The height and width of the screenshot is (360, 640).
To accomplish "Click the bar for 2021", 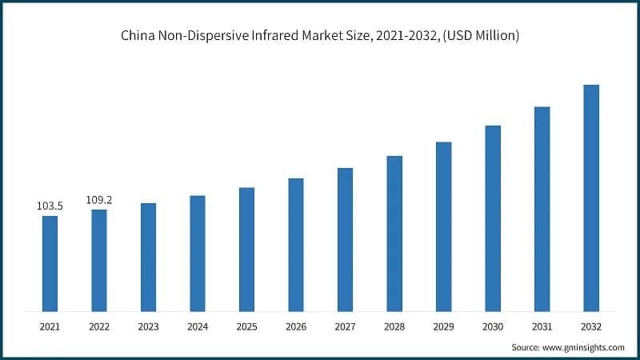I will coord(50,263).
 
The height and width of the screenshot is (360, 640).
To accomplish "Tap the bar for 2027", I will coord(345,239).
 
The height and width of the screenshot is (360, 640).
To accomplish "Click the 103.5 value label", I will coord(50,206).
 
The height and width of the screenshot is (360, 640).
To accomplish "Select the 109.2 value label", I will coord(99,200).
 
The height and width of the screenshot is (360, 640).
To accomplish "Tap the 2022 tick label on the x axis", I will coord(99,326).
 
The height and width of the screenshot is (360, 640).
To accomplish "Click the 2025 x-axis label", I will coord(246,326).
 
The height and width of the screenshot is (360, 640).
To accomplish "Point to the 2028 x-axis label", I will coord(394,326).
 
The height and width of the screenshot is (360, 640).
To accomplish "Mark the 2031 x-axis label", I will coord(542,326).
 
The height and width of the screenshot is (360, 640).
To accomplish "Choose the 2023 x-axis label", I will coord(148,326).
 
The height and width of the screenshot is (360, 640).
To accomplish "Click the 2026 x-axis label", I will coord(296,326).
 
